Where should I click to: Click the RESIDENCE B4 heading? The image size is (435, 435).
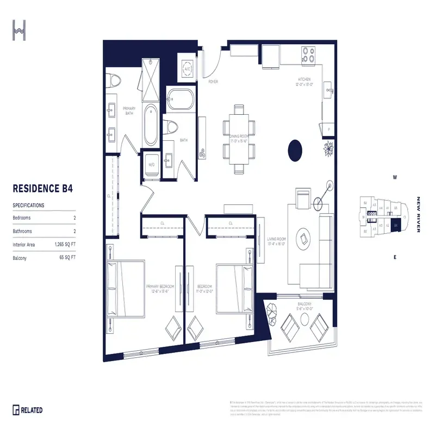pyautogui.click(x=42, y=189)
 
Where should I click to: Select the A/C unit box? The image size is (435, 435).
pyautogui.click(x=188, y=70)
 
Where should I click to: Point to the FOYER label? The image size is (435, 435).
pyautogui.click(x=213, y=82)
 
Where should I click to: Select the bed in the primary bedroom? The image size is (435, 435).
pyautogui.click(x=126, y=288)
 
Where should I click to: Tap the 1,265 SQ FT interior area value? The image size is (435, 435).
pyautogui.click(x=65, y=245)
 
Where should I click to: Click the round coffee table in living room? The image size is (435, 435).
pyautogui.click(x=302, y=238)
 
